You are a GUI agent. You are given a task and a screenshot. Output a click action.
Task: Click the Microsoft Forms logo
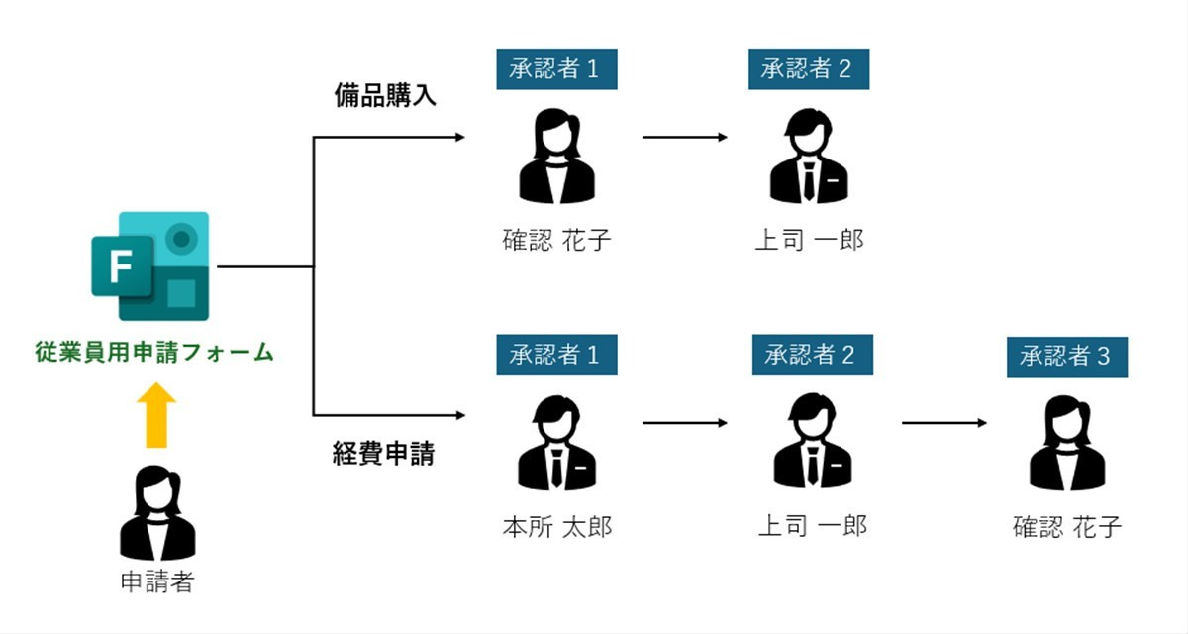click(x=150, y=265)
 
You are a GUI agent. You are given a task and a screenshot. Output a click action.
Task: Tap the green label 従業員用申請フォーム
click(x=153, y=352)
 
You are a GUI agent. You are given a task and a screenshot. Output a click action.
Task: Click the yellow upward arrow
click(x=157, y=416)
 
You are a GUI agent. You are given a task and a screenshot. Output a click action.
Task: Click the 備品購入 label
click(x=384, y=96)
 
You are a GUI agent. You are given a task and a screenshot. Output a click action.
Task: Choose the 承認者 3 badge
click(x=1067, y=357)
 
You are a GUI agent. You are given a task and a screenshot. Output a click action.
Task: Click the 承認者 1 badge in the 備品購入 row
click(x=556, y=69)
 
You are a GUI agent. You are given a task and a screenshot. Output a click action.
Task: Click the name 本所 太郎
click(x=556, y=526)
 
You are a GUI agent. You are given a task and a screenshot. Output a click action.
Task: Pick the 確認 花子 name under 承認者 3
click(x=1067, y=526)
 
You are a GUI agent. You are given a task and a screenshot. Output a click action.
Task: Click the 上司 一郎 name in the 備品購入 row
click(x=809, y=240)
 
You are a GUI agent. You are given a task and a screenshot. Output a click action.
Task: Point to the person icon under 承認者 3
click(x=1067, y=445)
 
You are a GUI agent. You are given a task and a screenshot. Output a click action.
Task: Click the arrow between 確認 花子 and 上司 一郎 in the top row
click(x=684, y=137)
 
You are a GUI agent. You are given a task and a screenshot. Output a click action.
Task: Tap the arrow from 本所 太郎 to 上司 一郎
click(x=684, y=423)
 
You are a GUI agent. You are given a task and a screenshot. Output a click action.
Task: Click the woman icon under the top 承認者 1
click(x=556, y=157)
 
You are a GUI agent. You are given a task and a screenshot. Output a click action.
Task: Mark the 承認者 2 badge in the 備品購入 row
click(x=809, y=69)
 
